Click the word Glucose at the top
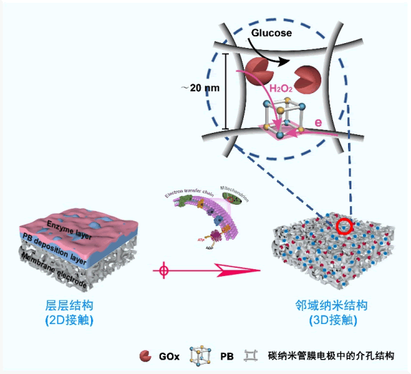[x=272, y=32]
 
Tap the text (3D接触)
[x=326, y=320]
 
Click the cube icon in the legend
[x=203, y=356]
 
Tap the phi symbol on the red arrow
[x=162, y=271]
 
